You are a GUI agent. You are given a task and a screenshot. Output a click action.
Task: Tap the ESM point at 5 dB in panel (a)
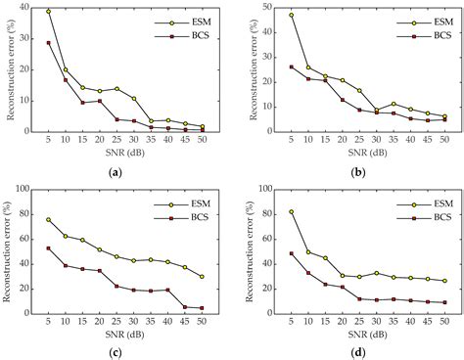point(49,12)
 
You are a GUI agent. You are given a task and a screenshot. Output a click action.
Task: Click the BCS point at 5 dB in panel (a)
point(49,43)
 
